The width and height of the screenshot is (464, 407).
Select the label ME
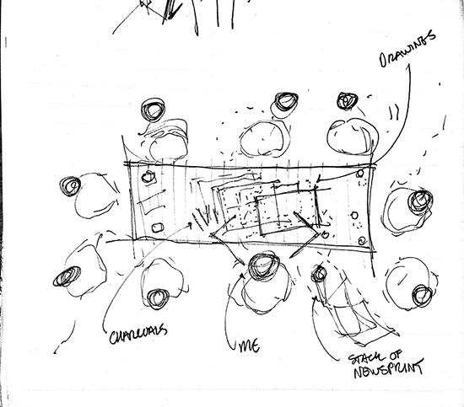coord(249,345)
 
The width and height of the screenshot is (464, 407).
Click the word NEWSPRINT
coord(388,368)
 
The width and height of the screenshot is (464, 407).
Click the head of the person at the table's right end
coord(420,201)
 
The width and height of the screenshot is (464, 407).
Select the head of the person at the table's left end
coord(70,186)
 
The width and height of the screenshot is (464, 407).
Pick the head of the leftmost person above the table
coord(153,110)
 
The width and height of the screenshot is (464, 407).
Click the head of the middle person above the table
coord(285,102)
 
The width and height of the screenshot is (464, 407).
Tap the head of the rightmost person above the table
coord(347,101)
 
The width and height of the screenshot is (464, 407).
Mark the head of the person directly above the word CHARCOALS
coord(159,298)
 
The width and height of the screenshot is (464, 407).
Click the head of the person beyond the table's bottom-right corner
coord(422,295)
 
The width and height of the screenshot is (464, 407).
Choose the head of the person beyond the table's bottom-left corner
coord(67,276)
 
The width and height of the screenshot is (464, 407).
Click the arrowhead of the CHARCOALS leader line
coord(190,226)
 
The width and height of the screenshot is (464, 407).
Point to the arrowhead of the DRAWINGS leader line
coord(318,179)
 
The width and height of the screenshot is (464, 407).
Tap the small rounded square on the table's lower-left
coord(158,228)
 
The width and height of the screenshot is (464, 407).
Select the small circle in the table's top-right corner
coord(360,174)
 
